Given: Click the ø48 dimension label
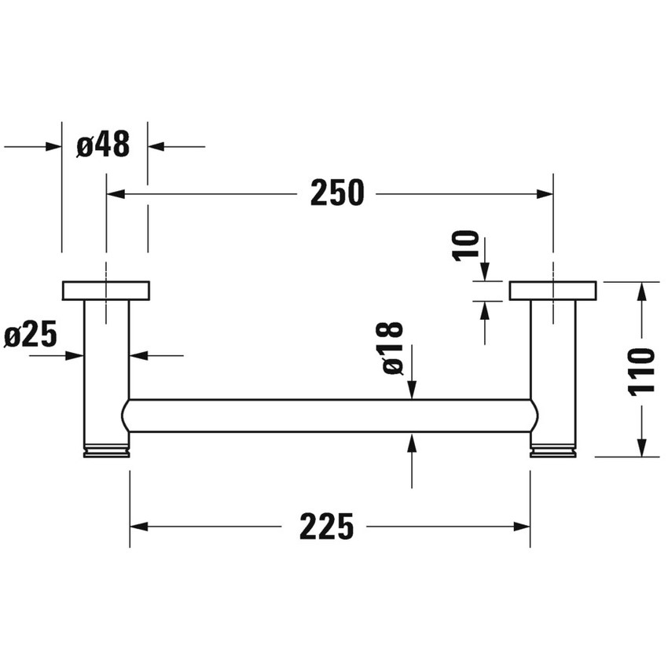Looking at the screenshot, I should (104, 145).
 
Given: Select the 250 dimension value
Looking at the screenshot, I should (337, 193).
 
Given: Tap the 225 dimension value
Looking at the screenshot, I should (326, 527).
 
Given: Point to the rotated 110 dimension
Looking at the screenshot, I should (643, 370).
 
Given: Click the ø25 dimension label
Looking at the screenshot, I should (31, 336).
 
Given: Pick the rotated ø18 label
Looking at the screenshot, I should (392, 347).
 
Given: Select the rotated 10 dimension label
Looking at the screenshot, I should (467, 244).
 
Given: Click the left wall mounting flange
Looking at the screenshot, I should (105, 290).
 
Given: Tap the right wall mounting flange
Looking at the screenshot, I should (552, 290).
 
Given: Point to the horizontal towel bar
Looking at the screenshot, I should (330, 416).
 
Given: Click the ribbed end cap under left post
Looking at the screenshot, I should (106, 452).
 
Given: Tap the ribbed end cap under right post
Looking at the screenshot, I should (553, 452).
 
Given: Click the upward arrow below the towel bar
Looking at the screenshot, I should (412, 442).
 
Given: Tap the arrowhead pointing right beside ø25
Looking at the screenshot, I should (75, 355).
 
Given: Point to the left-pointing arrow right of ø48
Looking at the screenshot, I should (156, 145).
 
